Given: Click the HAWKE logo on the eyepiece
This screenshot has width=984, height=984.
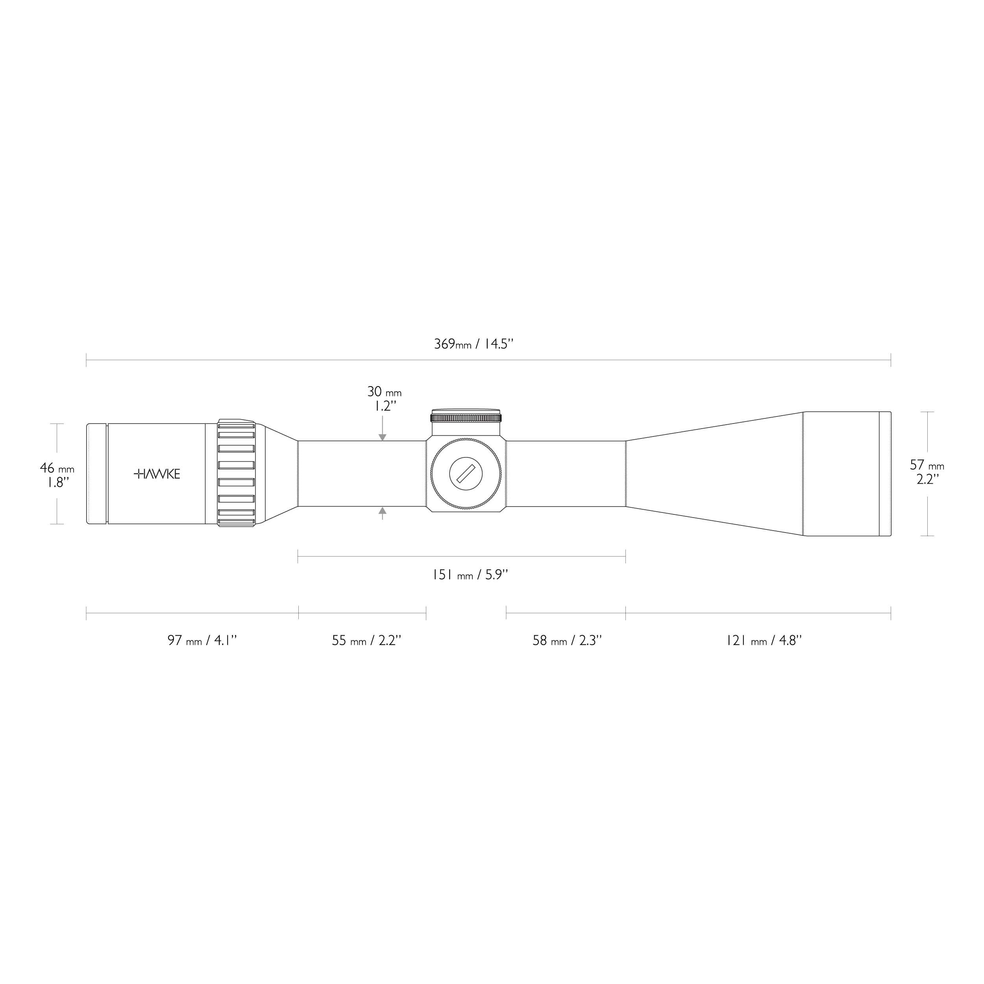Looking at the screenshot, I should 157,474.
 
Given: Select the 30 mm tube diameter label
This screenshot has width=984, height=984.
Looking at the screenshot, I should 385,392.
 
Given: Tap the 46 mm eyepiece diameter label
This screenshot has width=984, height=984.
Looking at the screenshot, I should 57,468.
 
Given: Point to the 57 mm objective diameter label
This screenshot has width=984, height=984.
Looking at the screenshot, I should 927,465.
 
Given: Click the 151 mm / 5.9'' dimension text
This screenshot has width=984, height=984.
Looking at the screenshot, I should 470,575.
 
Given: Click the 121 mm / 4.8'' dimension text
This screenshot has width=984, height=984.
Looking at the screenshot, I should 764,640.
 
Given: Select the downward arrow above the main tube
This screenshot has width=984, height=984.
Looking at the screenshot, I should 383,437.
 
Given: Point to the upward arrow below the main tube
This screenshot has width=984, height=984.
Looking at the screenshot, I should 383,510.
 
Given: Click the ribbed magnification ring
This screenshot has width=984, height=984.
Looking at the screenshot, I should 236,473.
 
